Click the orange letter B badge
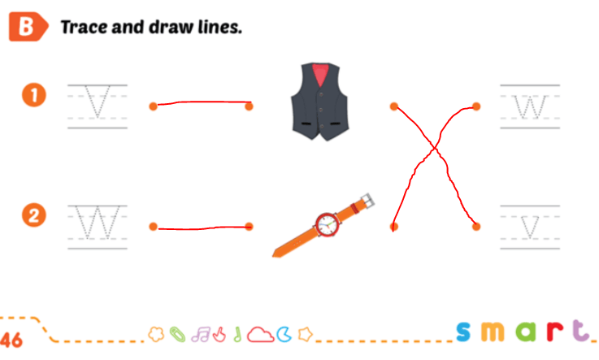click(28, 27)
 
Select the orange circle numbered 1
click(34, 95)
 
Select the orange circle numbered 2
click(34, 215)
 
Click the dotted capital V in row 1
click(98, 102)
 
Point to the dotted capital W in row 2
click(98, 222)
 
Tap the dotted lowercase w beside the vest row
click(530, 106)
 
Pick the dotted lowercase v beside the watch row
click(530, 228)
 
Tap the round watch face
click(328, 224)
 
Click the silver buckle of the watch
click(367, 200)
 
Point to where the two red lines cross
click(434, 148)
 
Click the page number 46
click(11, 340)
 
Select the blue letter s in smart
click(464, 332)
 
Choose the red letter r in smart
click(554, 332)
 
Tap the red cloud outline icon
click(261, 335)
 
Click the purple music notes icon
click(201, 335)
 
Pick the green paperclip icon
click(177, 335)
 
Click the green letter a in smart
click(526, 332)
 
